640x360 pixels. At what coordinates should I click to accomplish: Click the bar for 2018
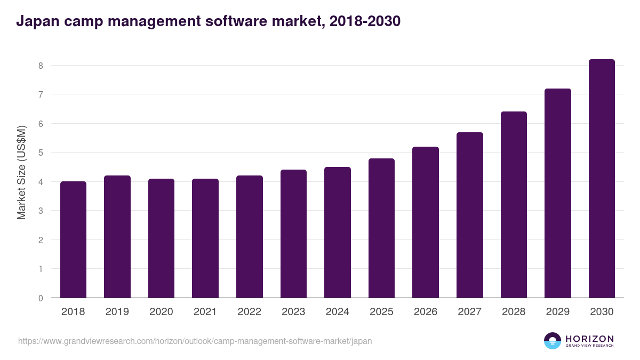(x=73, y=239)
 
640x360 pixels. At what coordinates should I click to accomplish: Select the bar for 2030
(x=602, y=179)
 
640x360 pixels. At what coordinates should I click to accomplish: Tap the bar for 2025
(x=381, y=228)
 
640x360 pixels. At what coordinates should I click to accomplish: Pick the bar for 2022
(x=249, y=237)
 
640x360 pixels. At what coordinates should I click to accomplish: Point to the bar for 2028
(x=514, y=205)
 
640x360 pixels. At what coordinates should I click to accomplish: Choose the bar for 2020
(x=161, y=238)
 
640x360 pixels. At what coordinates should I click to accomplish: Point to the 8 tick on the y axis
(x=40, y=66)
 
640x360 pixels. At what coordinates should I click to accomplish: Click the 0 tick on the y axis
(x=40, y=298)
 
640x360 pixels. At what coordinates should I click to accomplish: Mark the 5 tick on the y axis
(x=40, y=153)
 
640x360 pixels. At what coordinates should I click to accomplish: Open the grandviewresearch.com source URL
(x=195, y=341)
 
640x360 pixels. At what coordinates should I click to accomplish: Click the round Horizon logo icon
(x=552, y=341)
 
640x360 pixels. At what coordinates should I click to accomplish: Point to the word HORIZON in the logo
(x=589, y=339)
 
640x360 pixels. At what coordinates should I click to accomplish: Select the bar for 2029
(x=557, y=193)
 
